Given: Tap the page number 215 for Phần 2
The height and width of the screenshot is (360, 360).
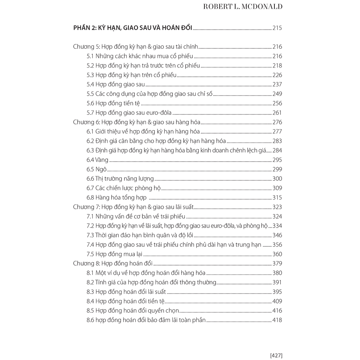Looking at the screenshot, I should coord(277,28).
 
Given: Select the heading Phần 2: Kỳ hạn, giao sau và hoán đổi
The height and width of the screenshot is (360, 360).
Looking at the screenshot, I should coord(133,28).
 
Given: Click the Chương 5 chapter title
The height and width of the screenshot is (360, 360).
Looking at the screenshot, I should coord(136,46).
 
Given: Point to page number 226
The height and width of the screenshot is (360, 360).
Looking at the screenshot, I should coord(277,75).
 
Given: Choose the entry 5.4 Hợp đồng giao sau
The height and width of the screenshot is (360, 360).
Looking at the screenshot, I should coord(116,84).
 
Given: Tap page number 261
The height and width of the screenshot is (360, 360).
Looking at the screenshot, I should coord(277,112).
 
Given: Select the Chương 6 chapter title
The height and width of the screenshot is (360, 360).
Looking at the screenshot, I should coord(136,122).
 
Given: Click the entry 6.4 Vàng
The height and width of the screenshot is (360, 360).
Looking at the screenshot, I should coord(98,160).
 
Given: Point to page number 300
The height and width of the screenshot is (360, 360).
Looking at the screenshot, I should coord(277,178).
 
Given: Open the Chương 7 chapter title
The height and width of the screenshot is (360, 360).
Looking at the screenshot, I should coord(134,207).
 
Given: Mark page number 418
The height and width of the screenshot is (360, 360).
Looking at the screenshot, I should coord(277,320).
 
